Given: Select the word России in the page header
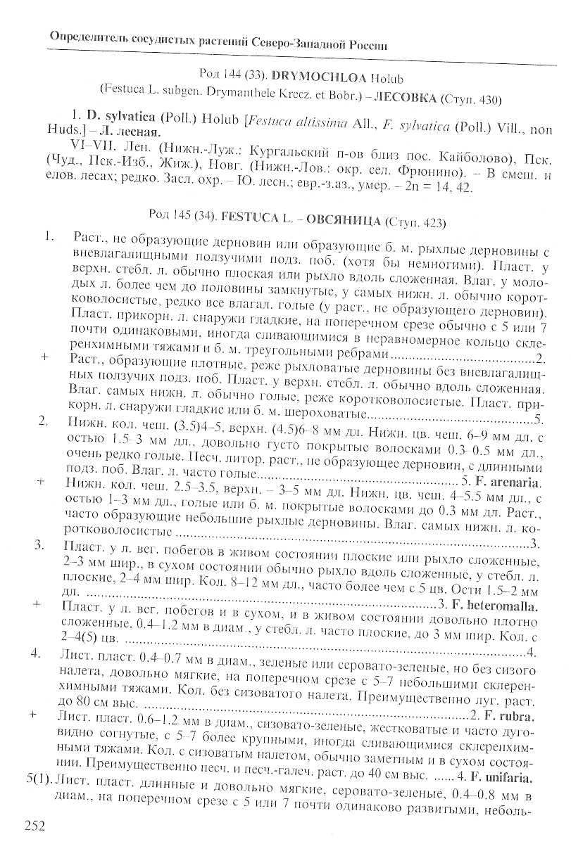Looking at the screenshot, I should [365, 44].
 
